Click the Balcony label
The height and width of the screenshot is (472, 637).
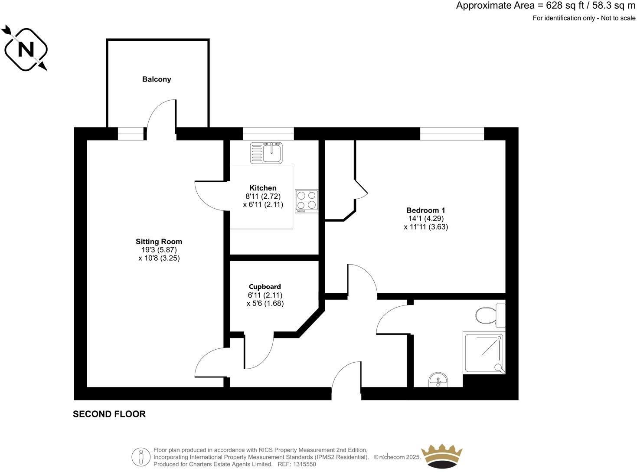click(x=157, y=79)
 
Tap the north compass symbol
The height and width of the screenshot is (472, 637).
click(x=26, y=49)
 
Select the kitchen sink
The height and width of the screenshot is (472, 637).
click(x=266, y=153)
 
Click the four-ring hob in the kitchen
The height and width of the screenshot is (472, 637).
click(x=307, y=201)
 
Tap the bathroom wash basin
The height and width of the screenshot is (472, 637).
click(x=439, y=381)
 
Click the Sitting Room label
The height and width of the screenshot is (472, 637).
click(x=159, y=242)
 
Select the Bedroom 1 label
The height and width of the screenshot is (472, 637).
click(x=425, y=210)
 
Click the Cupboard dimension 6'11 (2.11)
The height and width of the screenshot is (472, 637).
click(x=265, y=295)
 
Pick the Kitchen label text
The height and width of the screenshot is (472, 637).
click(x=263, y=188)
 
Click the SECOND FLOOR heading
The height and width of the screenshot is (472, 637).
click(x=109, y=414)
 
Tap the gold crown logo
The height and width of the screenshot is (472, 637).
click(x=442, y=456)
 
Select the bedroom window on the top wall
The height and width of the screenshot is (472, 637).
click(x=452, y=134)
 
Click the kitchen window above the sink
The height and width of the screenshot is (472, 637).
click(x=268, y=134)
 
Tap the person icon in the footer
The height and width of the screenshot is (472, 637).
click(x=140, y=457)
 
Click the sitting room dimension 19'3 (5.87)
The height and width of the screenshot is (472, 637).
click(x=159, y=250)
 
